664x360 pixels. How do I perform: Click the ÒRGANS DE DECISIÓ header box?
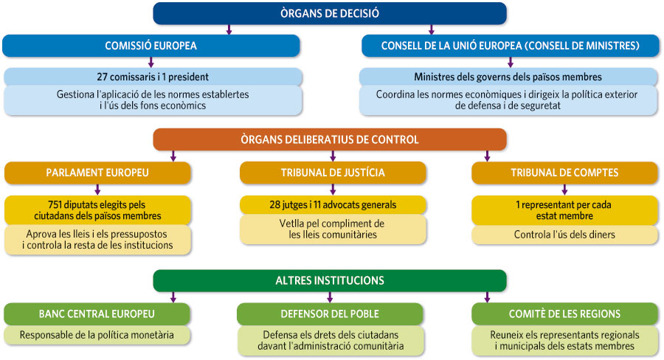click(x=330, y=13)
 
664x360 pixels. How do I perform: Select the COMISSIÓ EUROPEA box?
click(x=151, y=46)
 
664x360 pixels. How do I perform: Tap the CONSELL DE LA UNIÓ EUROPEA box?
click(x=510, y=46)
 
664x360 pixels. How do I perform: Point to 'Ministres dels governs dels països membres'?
click(x=508, y=77)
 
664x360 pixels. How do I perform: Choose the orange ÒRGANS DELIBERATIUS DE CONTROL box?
click(x=330, y=139)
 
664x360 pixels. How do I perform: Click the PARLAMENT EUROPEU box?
click(x=98, y=173)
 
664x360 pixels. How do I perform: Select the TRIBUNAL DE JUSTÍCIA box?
click(x=333, y=173)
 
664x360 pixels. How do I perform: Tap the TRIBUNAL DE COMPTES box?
click(x=564, y=173)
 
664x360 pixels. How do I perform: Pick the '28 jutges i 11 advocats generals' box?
click(x=333, y=204)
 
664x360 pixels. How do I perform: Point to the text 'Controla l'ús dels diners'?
click(x=564, y=235)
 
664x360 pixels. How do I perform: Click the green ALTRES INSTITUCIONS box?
click(x=330, y=280)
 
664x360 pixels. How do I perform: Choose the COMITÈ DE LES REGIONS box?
click(x=564, y=314)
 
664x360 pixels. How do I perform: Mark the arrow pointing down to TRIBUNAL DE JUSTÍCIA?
click(x=333, y=156)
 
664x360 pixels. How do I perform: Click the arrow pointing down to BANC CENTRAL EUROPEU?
click(x=173, y=297)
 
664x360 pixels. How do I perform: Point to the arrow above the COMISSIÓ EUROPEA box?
click(x=229, y=30)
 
